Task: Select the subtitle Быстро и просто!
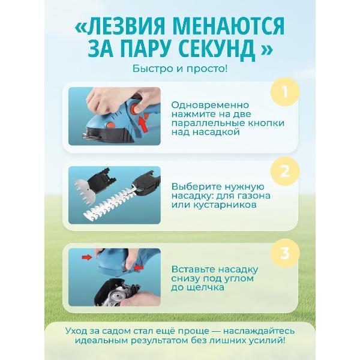180,68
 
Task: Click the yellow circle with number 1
285,93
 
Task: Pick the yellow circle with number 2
285,170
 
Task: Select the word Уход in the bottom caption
76,331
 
